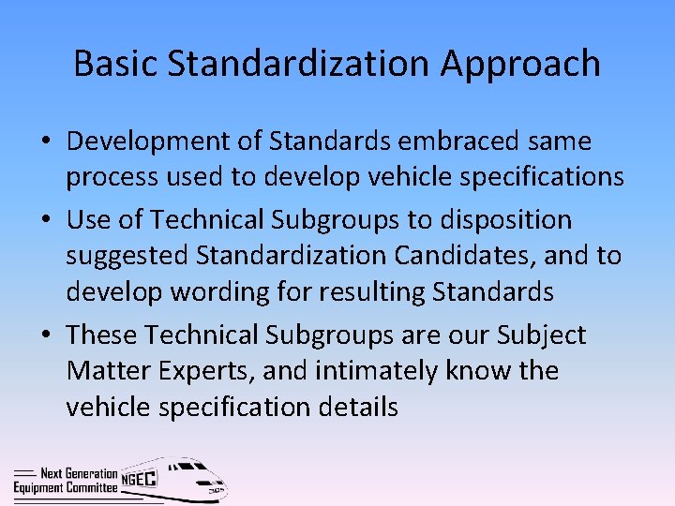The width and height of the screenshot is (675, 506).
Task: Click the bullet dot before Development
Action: point(46,142)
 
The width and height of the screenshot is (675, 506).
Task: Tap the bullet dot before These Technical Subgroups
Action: point(46,335)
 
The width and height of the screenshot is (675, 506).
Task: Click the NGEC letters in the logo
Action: point(140,479)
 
